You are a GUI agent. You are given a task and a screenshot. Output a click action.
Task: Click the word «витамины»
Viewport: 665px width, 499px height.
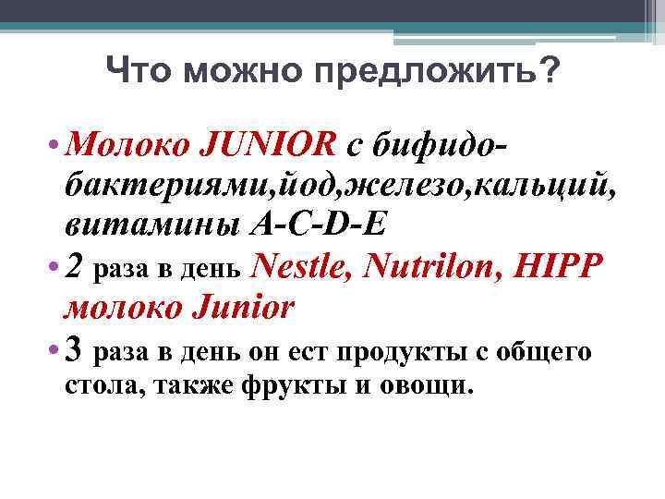152,225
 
